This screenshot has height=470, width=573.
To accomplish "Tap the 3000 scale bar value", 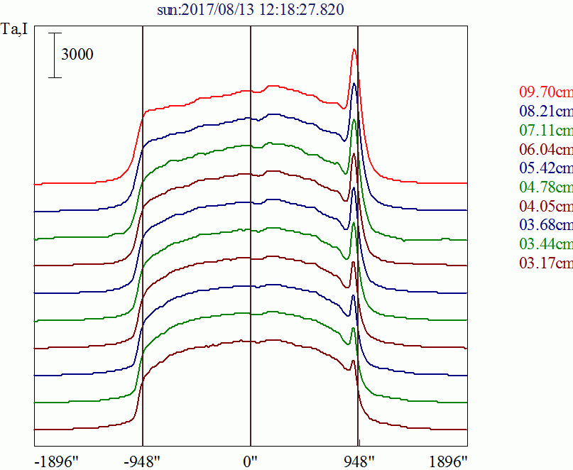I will [77, 55].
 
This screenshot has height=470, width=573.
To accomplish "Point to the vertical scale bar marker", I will [55, 55].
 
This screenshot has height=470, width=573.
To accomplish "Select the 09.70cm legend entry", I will [545, 92].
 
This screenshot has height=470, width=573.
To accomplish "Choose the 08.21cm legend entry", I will [545, 111].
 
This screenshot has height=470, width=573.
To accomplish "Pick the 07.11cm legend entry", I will [545, 131].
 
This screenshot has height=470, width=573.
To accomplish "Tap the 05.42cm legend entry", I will [545, 168].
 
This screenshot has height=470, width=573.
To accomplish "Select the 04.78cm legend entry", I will [545, 187].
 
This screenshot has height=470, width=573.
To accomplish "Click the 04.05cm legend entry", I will [545, 207].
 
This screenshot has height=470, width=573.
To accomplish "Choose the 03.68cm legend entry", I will [545, 226].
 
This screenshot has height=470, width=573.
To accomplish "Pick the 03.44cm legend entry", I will [545, 245].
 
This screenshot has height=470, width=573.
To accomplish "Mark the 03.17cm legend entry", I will [545, 264].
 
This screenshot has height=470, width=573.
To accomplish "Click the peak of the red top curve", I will [355, 49].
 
